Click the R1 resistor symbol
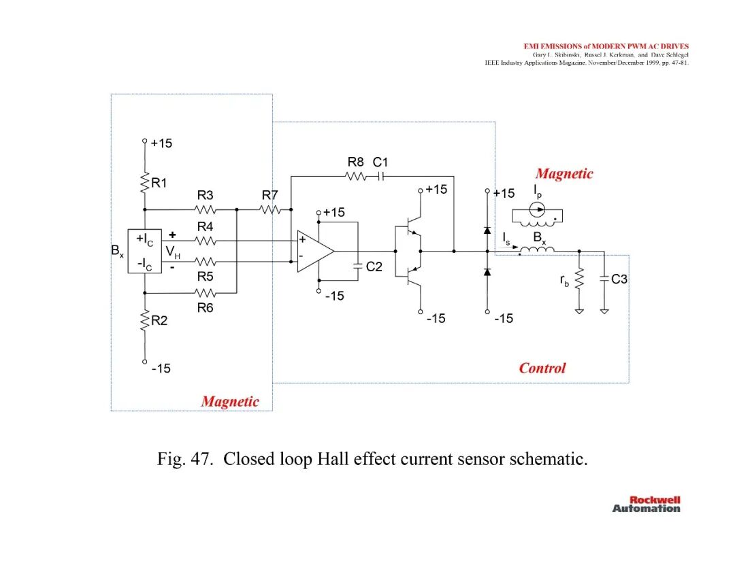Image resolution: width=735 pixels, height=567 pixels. (144, 182)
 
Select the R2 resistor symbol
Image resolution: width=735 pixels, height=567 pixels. (144, 320)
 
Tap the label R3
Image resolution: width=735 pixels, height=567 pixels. (205, 194)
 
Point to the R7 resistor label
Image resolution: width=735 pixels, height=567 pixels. (269, 194)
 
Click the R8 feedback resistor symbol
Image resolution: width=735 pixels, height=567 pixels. (356, 177)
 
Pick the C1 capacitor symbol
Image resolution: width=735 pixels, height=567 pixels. (380, 177)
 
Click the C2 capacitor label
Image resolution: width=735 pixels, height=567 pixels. (374, 267)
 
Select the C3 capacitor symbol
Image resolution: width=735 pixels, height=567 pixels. (604, 279)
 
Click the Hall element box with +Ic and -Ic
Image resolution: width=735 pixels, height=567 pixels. (144, 251)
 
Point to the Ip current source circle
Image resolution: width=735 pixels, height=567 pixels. (537, 209)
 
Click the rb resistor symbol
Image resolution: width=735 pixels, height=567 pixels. (579, 279)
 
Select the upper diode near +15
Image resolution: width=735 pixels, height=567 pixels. (487, 230)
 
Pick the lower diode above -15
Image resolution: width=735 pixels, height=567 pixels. (487, 271)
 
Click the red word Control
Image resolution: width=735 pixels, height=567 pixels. (542, 368)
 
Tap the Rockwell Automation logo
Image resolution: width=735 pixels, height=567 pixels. (647, 504)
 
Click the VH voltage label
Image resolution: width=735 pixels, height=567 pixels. (173, 252)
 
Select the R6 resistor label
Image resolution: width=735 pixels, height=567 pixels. (205, 307)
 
